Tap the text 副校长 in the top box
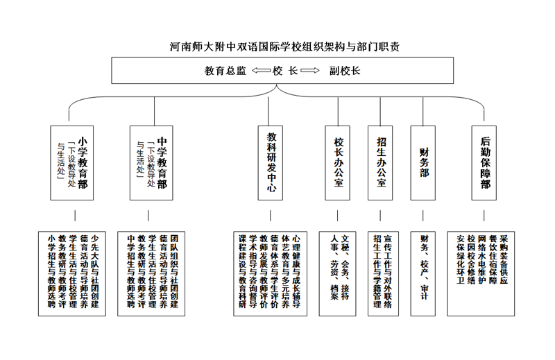coord(345,71)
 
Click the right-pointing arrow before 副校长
coord(310,71)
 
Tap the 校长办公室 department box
coord(339,164)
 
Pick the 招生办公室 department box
coord(381,164)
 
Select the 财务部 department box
coord(424,164)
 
